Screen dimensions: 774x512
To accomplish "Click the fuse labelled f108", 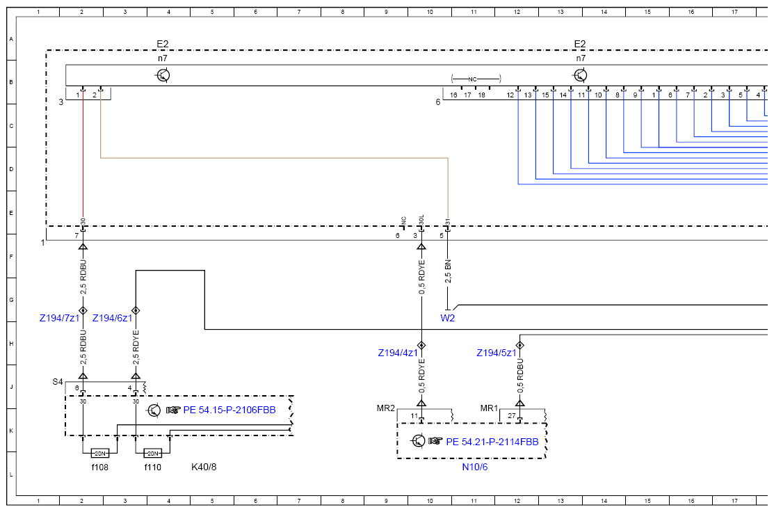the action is point(99,454).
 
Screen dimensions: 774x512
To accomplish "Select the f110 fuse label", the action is point(152,467).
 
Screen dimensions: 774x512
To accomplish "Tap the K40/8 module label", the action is point(204,467).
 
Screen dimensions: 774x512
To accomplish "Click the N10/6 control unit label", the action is point(475,467).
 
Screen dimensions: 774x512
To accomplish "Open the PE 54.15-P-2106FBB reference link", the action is point(229,410).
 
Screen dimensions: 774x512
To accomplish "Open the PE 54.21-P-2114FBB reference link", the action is point(492,442).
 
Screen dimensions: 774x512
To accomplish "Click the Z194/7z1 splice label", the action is point(59,318).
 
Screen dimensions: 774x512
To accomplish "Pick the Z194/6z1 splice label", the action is point(113,318).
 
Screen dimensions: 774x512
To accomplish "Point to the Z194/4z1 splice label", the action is point(398,353).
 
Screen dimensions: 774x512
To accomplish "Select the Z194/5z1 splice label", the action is point(497,353).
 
